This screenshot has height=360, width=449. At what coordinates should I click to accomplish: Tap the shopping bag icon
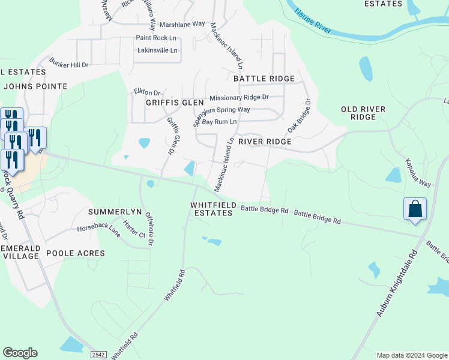415,209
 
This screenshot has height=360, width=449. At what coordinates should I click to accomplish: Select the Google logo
20,353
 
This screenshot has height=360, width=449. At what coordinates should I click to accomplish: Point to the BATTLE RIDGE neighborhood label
264,79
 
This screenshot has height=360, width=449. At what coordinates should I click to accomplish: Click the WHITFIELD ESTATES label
212,209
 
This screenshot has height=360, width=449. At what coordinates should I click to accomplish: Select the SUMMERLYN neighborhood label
114,212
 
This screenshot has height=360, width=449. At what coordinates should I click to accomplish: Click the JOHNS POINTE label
35,86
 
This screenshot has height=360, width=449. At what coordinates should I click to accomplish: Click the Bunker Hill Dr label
69,64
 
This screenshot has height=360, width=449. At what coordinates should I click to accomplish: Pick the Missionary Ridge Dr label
239,97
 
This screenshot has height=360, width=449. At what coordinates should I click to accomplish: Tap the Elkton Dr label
147,93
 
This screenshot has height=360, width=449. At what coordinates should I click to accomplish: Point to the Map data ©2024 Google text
411,355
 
